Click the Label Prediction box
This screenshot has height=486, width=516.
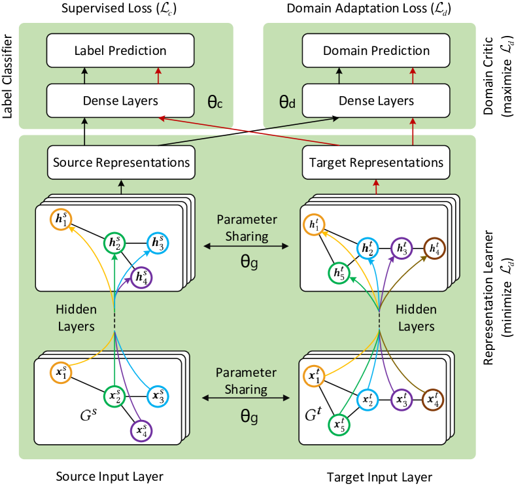pyautogui.click(x=120, y=50)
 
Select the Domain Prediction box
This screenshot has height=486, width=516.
pyautogui.click(x=376, y=50)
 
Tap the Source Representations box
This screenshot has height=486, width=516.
pyautogui.click(x=121, y=162)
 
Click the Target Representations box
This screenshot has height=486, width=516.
pyautogui.click(x=376, y=162)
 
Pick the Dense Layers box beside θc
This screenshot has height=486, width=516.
pyautogui.click(x=120, y=101)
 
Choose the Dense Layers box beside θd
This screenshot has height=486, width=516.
pyautogui.click(x=376, y=101)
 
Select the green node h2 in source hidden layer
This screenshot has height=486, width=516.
pyautogui.click(x=114, y=244)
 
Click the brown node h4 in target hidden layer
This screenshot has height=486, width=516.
pyautogui.click(x=434, y=248)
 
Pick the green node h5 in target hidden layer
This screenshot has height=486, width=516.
pyautogui.click(x=339, y=272)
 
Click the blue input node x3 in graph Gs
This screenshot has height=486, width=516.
pyautogui.click(x=158, y=396)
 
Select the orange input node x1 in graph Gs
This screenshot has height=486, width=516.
pyautogui.click(x=61, y=373)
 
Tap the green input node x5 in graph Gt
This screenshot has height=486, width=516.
pyautogui.click(x=339, y=425)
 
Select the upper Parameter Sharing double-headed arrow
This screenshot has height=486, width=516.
pyautogui.click(x=245, y=247)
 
